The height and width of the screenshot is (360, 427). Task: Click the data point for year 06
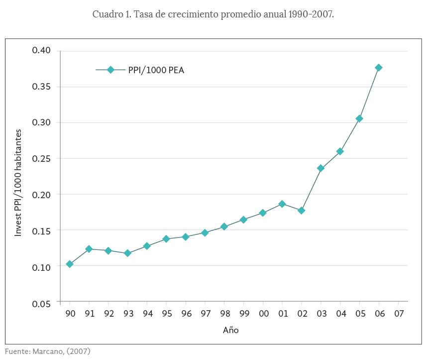coord(379,68)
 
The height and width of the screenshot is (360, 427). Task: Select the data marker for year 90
coord(70,264)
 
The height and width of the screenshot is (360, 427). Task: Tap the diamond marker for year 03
coord(321,168)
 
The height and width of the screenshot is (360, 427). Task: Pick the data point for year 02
coord(302,211)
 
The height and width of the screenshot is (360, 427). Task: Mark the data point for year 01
coord(282,204)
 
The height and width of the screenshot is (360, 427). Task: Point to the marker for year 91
coord(89,249)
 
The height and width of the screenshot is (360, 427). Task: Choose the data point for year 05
coord(359,119)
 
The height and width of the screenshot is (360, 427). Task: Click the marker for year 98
coord(224,227)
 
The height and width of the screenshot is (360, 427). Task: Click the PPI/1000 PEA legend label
coord(156,70)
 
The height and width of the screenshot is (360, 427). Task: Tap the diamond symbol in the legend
coord(110,70)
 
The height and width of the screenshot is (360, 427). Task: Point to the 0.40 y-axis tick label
coord(41,50)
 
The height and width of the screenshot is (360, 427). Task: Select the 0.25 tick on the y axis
coord(41,159)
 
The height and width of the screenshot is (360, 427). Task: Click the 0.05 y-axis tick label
coord(41,304)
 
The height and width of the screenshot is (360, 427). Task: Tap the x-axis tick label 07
coord(398,314)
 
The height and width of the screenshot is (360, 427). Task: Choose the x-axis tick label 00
coord(263,314)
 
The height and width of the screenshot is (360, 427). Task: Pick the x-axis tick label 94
coord(147,314)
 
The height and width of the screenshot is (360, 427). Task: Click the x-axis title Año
coord(231,330)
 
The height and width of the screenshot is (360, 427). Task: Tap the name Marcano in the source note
coord(49,352)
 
